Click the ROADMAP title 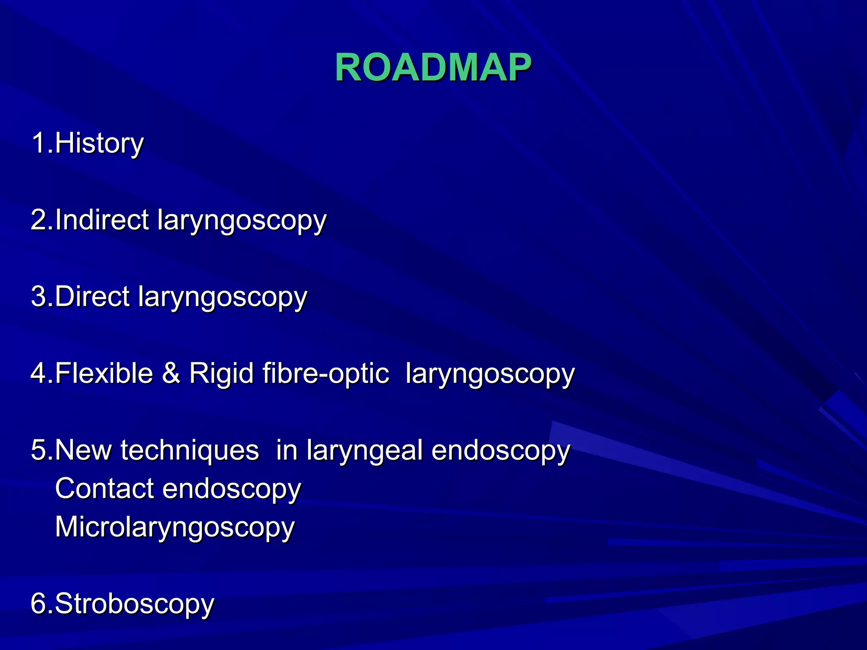tap(433, 68)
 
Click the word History tap(99, 143)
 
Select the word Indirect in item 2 tap(102, 220)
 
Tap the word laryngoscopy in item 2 tap(242, 220)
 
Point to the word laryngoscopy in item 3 tap(222, 297)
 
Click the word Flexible tap(104, 373)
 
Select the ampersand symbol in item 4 tap(171, 373)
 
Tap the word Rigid tap(221, 373)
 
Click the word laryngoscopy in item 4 tap(490, 374)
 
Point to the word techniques tap(190, 450)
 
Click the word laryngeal tap(364, 451)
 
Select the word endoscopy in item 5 tap(501, 451)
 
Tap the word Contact tap(104, 488)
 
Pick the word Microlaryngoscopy tap(174, 528)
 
